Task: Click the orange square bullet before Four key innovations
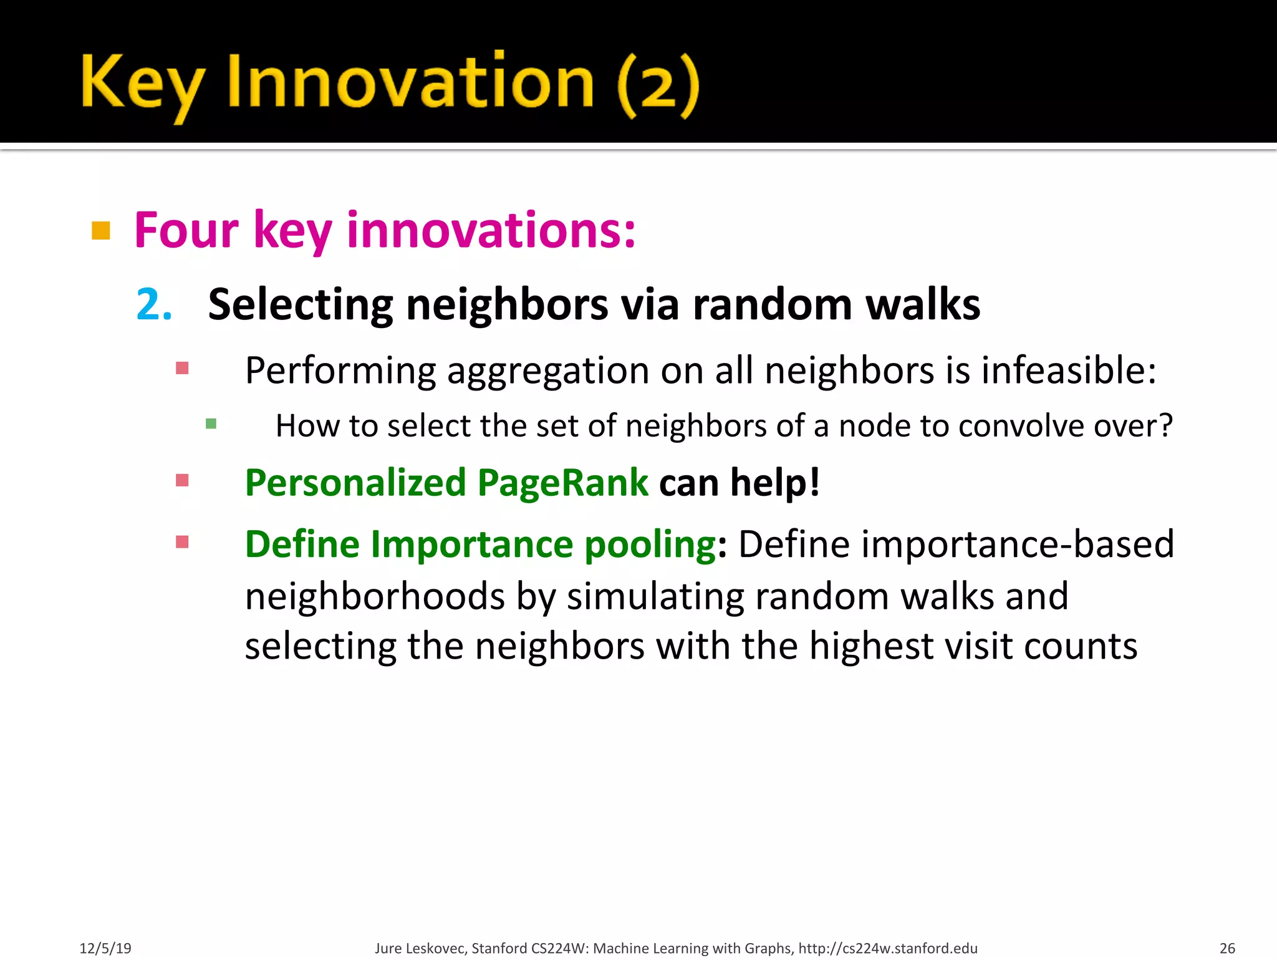coord(101,231)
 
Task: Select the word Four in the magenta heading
coord(186,231)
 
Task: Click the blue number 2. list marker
coord(153,305)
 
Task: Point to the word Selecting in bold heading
coord(300,305)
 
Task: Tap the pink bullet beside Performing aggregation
coord(182,369)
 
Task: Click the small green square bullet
coord(211,424)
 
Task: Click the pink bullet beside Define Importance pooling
coord(182,542)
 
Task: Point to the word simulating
coord(655,597)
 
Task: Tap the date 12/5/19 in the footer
coord(105,948)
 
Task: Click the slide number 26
coord(1227,948)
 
